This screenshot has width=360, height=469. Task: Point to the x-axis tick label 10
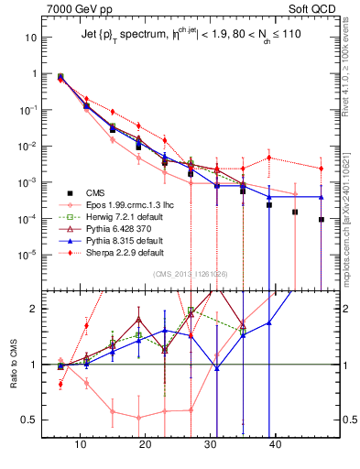[x=81, y=444]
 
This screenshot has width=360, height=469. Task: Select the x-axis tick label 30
[x=211, y=444]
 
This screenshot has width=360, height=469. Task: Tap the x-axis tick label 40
[x=275, y=444]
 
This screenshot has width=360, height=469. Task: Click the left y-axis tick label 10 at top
[x=31, y=38]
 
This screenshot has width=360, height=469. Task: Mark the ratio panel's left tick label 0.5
[x=31, y=420]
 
